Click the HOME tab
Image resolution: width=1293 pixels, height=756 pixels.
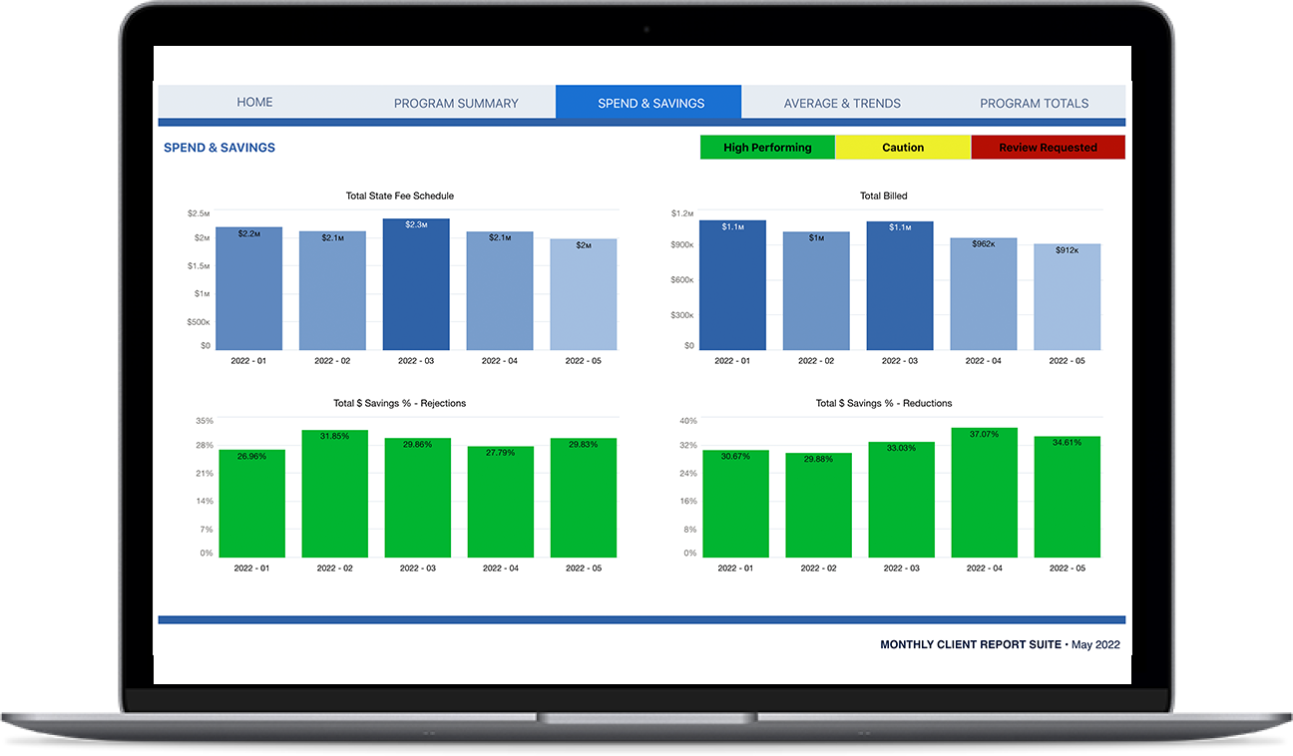(254, 103)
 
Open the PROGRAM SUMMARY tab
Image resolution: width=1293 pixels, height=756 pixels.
(456, 103)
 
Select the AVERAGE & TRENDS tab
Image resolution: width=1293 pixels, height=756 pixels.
(842, 103)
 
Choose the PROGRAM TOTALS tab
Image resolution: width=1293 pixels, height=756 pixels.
(1034, 103)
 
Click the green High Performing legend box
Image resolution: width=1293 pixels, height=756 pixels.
(767, 148)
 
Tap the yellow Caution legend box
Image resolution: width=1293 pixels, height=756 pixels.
(903, 148)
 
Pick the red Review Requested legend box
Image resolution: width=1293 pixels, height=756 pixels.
(1048, 148)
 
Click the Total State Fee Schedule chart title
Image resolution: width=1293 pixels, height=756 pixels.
(399, 195)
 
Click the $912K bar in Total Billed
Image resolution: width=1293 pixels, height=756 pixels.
(1067, 299)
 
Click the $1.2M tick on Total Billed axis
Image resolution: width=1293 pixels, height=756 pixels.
(682, 213)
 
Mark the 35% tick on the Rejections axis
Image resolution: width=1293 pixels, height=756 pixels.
(204, 421)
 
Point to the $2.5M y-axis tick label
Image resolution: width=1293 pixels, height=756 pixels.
(198, 213)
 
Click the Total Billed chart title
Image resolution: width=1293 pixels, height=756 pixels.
(883, 195)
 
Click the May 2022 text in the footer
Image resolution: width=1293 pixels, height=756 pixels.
(1095, 645)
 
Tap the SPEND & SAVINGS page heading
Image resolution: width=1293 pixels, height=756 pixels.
(219, 148)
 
